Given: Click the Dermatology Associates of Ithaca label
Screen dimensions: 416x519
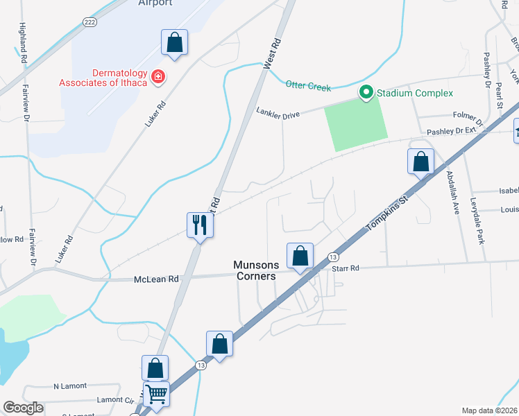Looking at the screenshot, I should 120,78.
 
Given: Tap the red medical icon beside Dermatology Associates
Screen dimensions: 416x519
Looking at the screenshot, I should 158,76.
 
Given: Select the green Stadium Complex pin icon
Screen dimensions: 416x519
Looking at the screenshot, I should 365,92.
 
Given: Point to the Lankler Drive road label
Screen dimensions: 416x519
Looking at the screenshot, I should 278,111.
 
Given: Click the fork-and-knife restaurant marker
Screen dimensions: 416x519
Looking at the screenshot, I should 200,224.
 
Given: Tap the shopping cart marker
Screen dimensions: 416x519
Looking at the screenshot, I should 157,394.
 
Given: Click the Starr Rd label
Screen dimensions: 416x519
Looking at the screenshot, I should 346,268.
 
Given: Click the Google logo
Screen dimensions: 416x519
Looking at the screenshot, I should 23,408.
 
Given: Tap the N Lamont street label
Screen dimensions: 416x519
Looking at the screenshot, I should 67,385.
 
